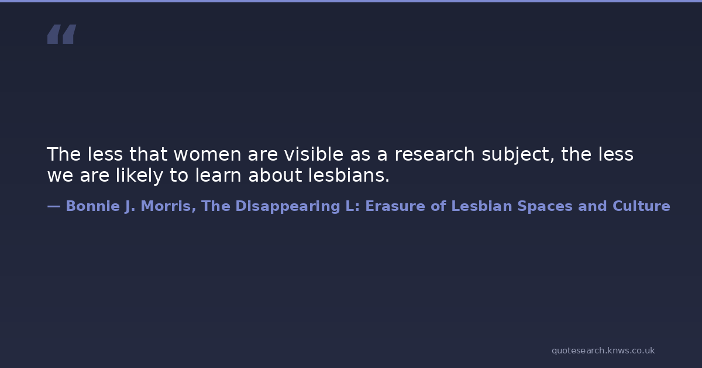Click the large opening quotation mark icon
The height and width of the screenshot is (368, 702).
coord(62,34)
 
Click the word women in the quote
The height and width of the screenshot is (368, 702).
coord(207,154)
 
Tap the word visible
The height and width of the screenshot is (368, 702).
coord(314,154)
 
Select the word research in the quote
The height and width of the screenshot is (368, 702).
coord(434,154)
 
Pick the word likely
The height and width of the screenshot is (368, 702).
coord(139,176)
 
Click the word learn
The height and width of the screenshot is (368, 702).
coord(218,175)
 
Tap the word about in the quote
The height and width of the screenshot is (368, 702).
coord(275,175)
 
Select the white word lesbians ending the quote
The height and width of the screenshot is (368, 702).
coord(349,175)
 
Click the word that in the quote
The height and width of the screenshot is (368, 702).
coord(148,154)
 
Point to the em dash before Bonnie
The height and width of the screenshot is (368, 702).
coord(54,206)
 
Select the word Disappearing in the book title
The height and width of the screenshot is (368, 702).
coord(288,207)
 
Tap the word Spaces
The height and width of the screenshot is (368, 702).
coord(545,207)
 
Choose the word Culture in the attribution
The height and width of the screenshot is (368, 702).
coord(641,206)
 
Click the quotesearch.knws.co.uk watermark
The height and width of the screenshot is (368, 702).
coord(603,351)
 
